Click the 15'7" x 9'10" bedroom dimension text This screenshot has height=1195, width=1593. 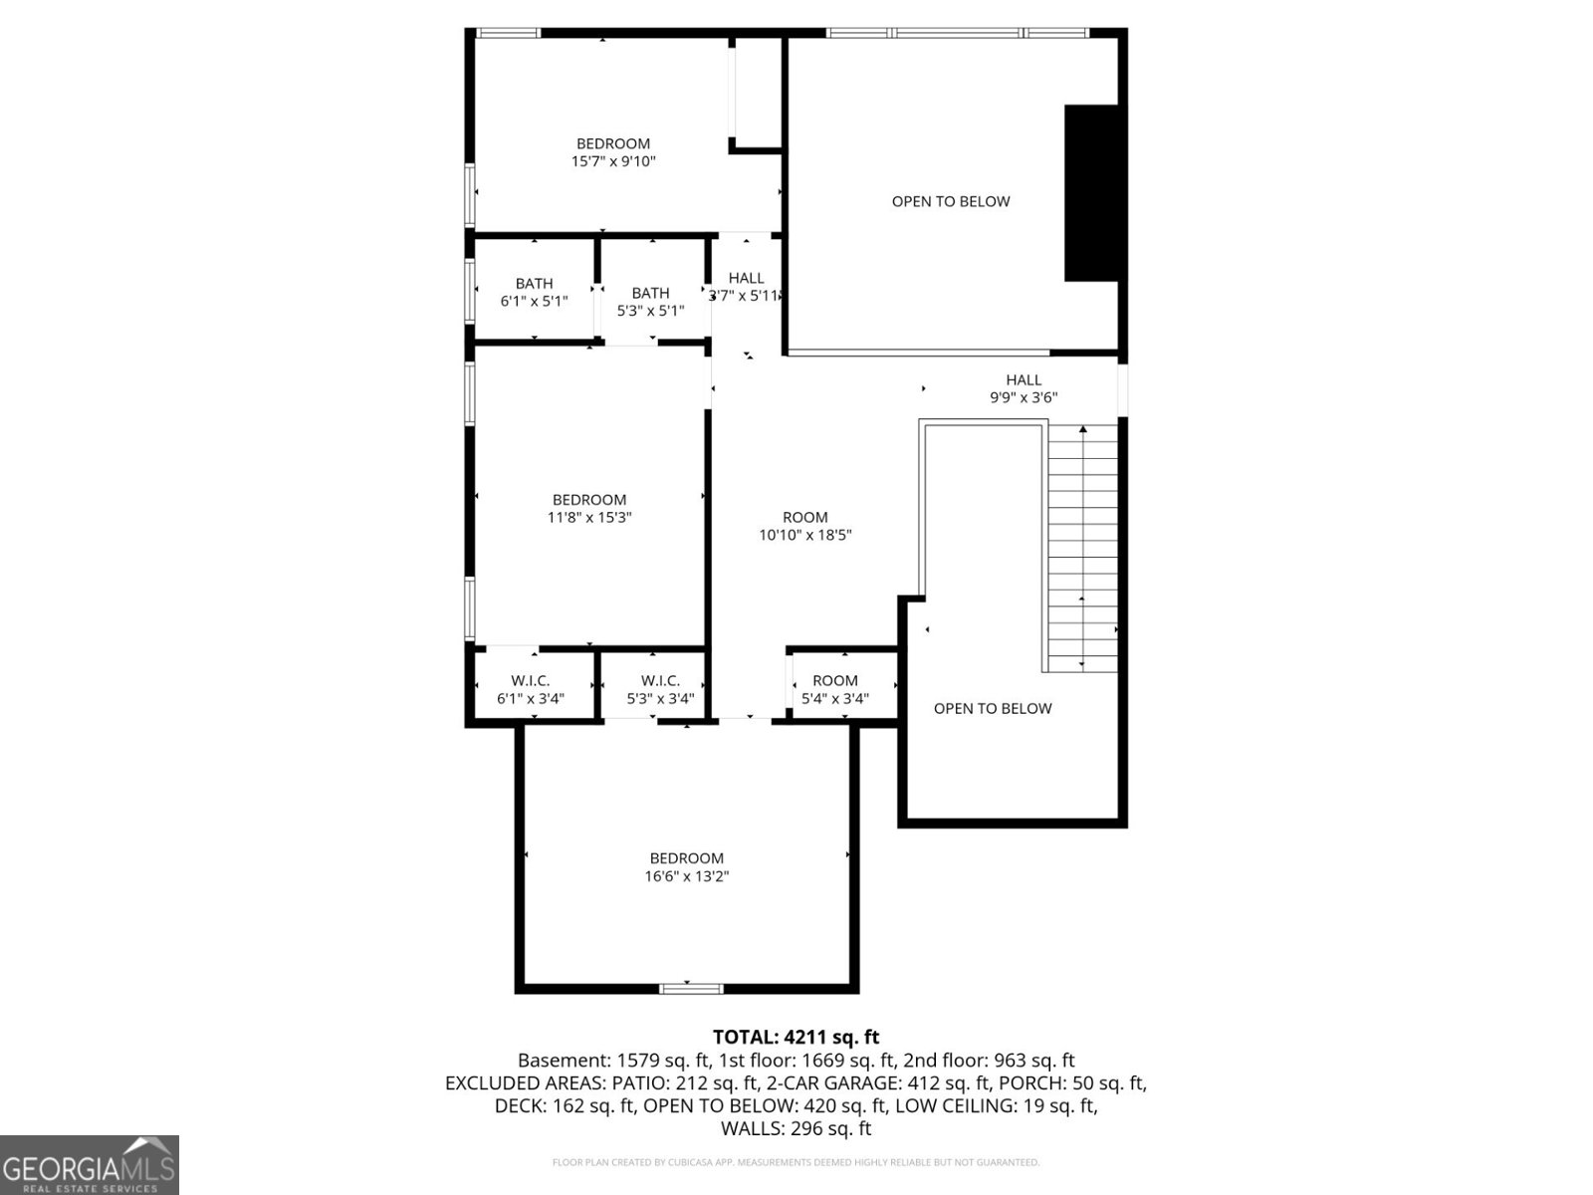tap(613, 161)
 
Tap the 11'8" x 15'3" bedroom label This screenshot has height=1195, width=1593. tap(589, 509)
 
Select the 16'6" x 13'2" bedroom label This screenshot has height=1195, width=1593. tap(687, 867)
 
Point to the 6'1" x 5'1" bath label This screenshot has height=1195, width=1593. tap(534, 293)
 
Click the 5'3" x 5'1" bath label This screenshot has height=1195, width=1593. tap(650, 302)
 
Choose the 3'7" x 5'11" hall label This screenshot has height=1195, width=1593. tap(746, 287)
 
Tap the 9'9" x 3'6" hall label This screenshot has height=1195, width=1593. tap(1024, 388)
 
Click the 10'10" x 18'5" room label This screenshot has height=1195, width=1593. tap(804, 526)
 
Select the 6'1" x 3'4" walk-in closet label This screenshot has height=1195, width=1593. tap(531, 689)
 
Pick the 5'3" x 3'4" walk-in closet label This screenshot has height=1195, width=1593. tap(660, 689)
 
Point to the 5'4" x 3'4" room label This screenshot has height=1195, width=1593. tap(834, 689)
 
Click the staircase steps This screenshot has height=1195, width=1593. tap(1082, 549)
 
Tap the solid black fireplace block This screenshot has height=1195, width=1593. tap(1091, 193)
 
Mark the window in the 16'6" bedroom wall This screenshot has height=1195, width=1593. tap(691, 988)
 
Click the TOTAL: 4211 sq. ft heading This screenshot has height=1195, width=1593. tap(796, 1037)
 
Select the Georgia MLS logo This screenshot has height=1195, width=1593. tap(90, 1164)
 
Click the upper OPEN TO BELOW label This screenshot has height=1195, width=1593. tap(951, 202)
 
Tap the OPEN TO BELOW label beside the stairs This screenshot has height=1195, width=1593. tap(992, 708)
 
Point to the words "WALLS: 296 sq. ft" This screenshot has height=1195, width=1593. tap(796, 1128)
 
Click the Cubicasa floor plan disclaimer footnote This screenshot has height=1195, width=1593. tap(796, 1162)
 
